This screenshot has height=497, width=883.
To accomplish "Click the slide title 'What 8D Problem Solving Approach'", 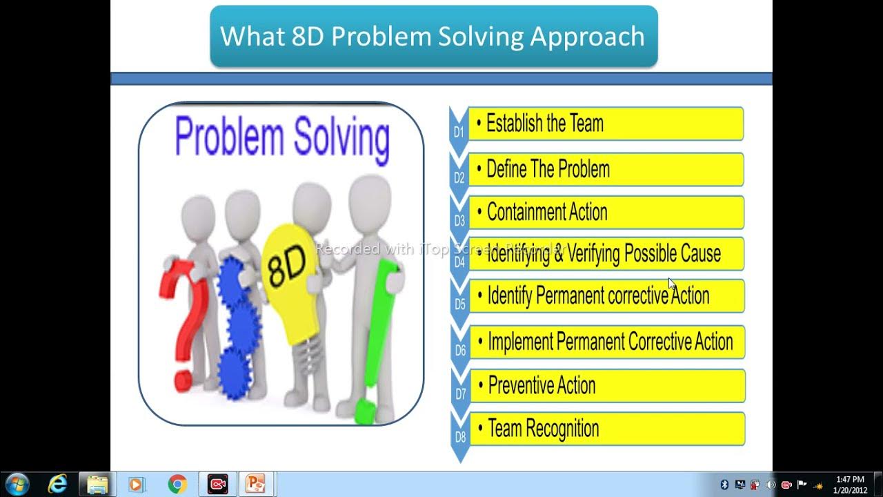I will coord(433,37).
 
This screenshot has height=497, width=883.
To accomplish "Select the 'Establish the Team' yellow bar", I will coord(605,124).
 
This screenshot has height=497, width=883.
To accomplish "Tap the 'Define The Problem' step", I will coord(605,169).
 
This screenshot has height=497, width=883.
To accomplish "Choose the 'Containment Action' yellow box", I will coord(605,213).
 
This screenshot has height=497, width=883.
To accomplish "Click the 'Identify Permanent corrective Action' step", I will coord(605,296).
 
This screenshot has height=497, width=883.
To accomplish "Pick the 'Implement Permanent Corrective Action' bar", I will coord(606,342).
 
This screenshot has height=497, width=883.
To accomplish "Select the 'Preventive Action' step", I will coord(606,386).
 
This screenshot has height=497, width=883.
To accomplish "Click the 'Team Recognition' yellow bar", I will coord(606,429).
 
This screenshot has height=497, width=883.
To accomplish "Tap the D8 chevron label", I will coord(460,437).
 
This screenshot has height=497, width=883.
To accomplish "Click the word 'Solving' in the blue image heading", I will coord(341,137).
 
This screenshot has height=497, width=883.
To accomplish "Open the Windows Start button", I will coord(17,485).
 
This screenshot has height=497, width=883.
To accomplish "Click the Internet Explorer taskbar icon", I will coord(57,485).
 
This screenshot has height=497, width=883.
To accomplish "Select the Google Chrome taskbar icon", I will coord(177,485).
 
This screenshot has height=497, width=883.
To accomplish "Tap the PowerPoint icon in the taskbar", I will coord(257,485).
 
